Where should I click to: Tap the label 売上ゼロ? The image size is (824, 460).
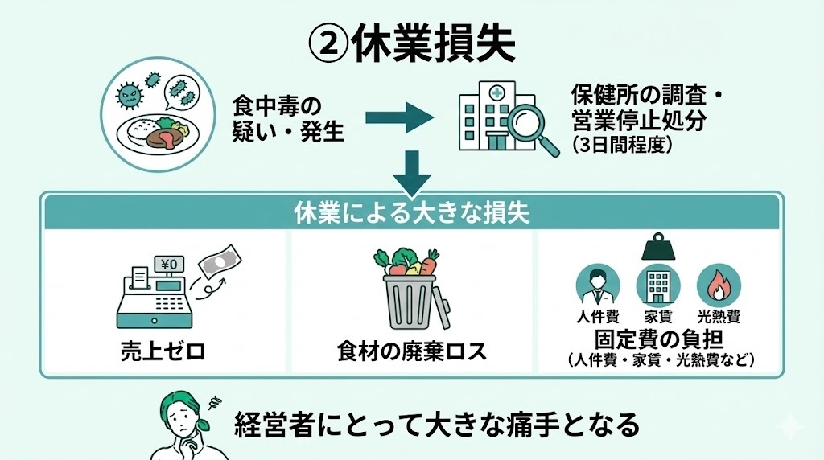click(159, 351)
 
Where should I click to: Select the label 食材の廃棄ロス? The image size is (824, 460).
click(412, 351)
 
